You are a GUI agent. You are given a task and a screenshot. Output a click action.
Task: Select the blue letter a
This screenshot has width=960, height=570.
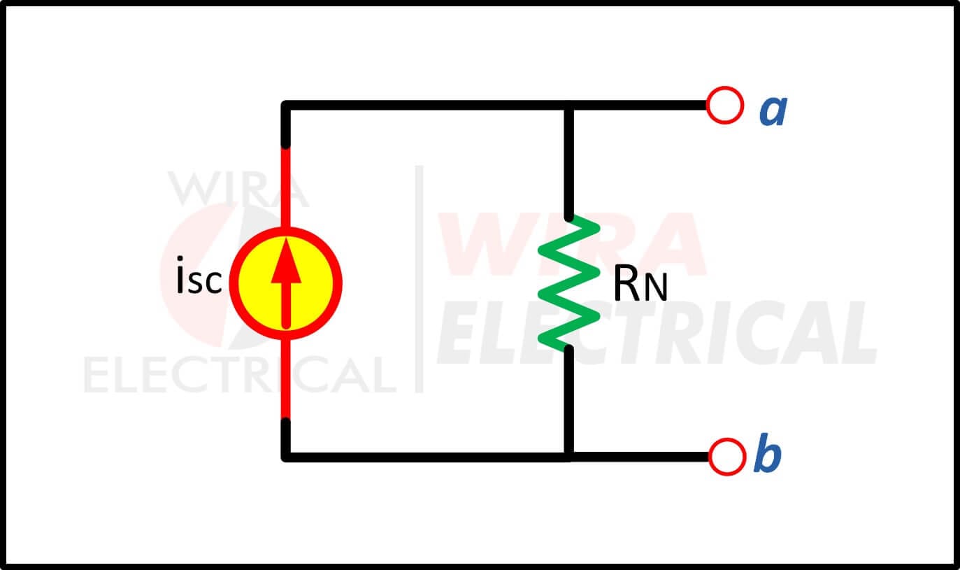773,111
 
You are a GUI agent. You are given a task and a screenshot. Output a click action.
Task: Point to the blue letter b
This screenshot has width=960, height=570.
767,453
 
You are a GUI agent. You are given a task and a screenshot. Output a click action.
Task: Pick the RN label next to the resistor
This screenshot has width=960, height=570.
640,284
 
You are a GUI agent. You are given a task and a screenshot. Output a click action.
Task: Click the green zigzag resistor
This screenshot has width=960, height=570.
568,283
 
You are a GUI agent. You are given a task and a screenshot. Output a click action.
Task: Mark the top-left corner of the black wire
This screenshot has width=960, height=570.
286,105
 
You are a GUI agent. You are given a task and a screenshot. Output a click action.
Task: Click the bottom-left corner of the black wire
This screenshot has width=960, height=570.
286,457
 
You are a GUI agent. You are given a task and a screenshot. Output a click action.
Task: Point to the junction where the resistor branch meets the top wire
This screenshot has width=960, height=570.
568,105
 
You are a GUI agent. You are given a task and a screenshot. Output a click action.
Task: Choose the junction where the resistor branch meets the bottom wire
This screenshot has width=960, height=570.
568,457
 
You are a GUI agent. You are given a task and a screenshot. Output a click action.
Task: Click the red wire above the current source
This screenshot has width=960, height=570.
286,187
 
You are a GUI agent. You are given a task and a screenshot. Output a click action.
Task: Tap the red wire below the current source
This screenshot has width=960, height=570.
286,379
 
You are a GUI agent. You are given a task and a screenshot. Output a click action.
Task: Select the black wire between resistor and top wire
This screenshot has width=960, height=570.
568,163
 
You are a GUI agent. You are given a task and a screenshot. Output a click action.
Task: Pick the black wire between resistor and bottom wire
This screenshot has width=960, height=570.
568,401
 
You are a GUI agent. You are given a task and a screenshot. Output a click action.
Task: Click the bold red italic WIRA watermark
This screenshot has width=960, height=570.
572,244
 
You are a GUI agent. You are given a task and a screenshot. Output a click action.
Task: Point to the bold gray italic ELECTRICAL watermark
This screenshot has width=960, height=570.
657,333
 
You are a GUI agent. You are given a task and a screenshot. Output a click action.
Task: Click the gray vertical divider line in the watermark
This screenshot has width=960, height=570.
419,279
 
